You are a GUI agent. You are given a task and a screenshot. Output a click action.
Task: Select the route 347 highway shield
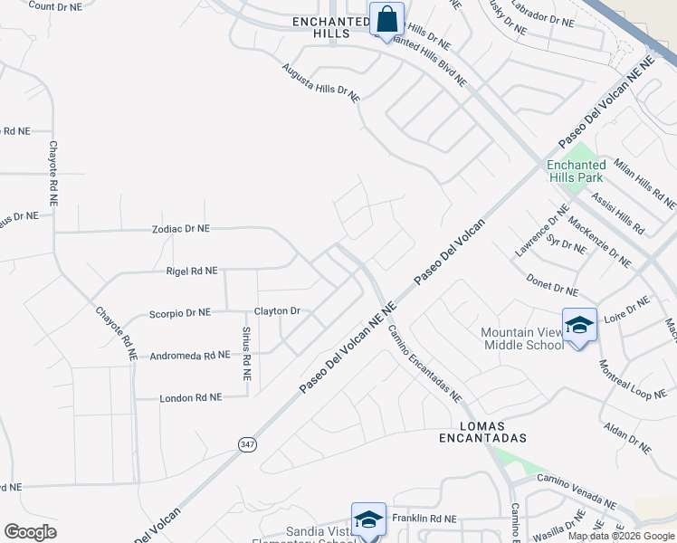coord(247,444)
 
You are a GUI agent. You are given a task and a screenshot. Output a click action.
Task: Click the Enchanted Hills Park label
coord(576,170)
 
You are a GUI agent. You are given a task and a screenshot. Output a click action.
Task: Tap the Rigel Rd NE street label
coord(192,271)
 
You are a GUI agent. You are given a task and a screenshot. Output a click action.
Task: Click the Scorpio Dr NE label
coord(179,312)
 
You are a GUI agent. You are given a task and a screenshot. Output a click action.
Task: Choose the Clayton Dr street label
coord(277,310)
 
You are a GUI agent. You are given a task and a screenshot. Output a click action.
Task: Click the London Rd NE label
coord(190,397)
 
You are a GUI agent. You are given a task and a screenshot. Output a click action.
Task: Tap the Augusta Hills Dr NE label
coord(320,82)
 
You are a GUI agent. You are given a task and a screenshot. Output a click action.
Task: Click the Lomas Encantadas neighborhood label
coord(482,431)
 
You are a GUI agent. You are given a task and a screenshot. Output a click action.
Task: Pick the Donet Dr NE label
coord(551,285)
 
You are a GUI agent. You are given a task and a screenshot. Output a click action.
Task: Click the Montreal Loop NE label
coord(633,381)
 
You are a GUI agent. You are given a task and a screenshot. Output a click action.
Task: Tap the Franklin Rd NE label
coord(424,519)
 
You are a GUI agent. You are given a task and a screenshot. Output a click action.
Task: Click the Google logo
coord(30,532)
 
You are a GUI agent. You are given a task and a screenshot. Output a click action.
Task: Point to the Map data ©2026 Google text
coord(620,536)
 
